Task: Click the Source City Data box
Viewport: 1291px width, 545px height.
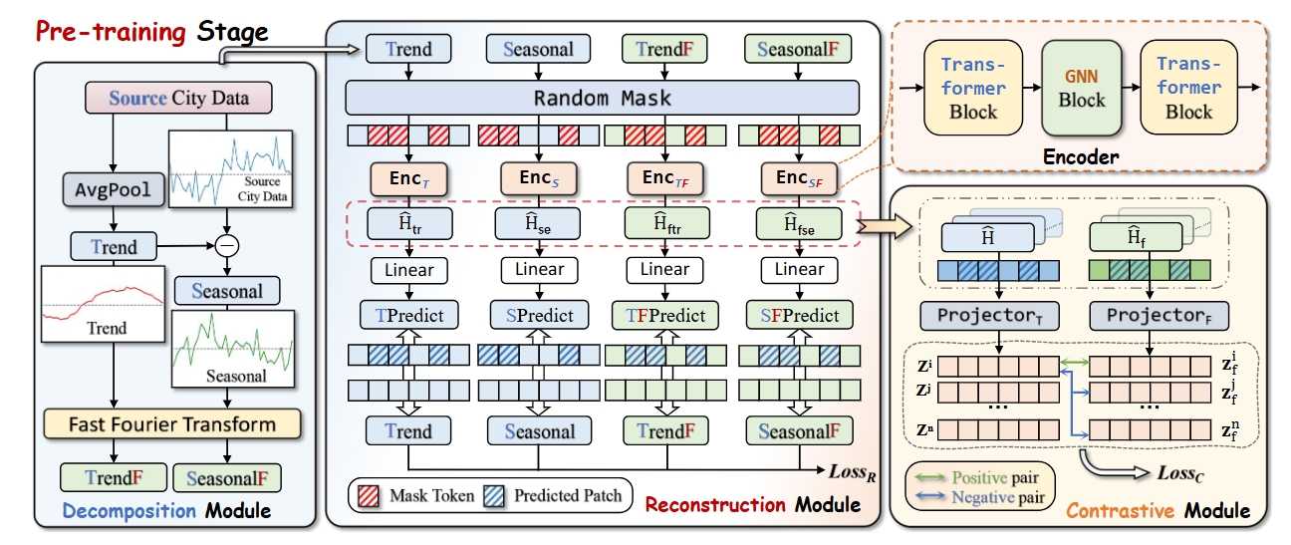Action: coord(178,99)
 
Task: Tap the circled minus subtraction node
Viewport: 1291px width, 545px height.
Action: coord(228,244)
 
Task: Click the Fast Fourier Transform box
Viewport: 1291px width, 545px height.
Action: coord(171,424)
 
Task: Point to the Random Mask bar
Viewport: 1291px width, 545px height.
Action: coord(602,98)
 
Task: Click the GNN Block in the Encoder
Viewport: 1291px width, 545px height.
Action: coord(1082,89)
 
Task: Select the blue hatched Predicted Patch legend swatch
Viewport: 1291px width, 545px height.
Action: coord(495,494)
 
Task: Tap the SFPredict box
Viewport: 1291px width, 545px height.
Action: coord(799,315)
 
